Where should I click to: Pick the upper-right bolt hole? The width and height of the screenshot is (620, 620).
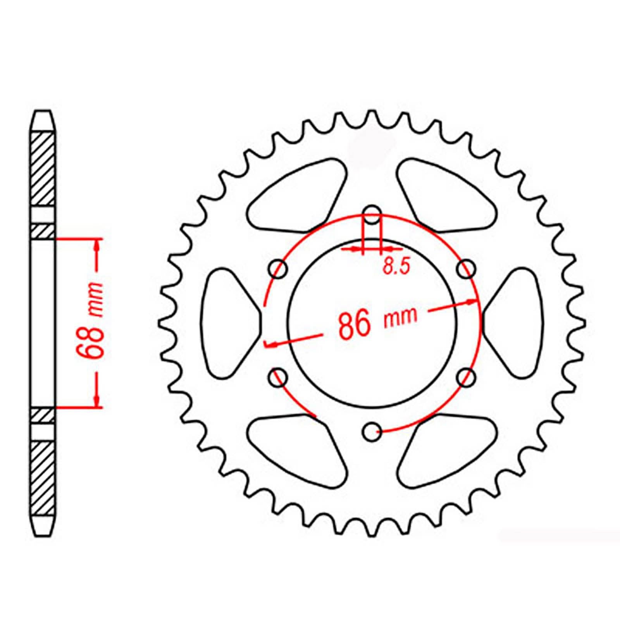467,268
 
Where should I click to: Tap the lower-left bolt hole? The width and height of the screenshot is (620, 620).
278,377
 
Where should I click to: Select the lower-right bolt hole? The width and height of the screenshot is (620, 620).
467,377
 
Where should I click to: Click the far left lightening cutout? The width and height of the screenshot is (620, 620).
229,322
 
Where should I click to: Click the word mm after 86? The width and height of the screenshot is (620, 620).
401,317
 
